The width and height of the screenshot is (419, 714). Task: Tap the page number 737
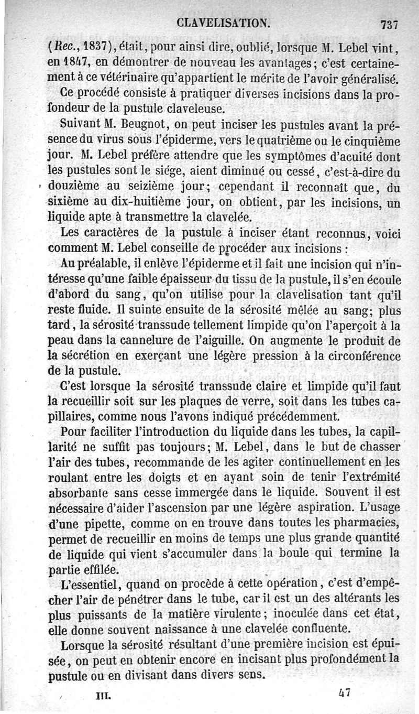coord(391,24)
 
